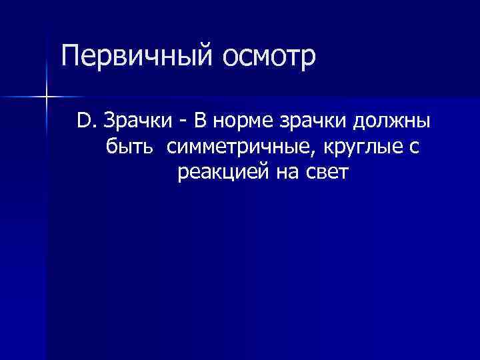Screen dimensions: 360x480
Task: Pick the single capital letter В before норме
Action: [198, 121]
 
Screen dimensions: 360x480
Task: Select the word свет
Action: [327, 173]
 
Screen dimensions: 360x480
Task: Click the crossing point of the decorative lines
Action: [46, 97]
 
